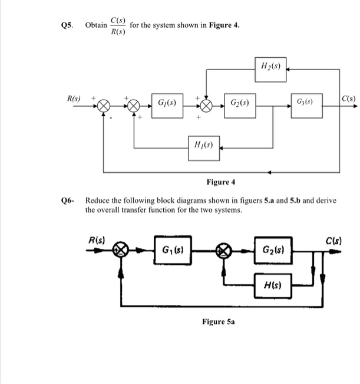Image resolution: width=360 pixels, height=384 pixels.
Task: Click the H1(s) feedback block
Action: (x=203, y=143)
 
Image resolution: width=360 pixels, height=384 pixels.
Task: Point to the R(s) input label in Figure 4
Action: (x=74, y=97)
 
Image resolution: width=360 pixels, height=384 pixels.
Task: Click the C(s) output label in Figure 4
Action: (x=348, y=97)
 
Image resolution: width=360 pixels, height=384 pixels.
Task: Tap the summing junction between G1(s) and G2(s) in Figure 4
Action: (x=206, y=106)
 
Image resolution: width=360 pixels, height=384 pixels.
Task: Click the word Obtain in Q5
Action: (x=96, y=26)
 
